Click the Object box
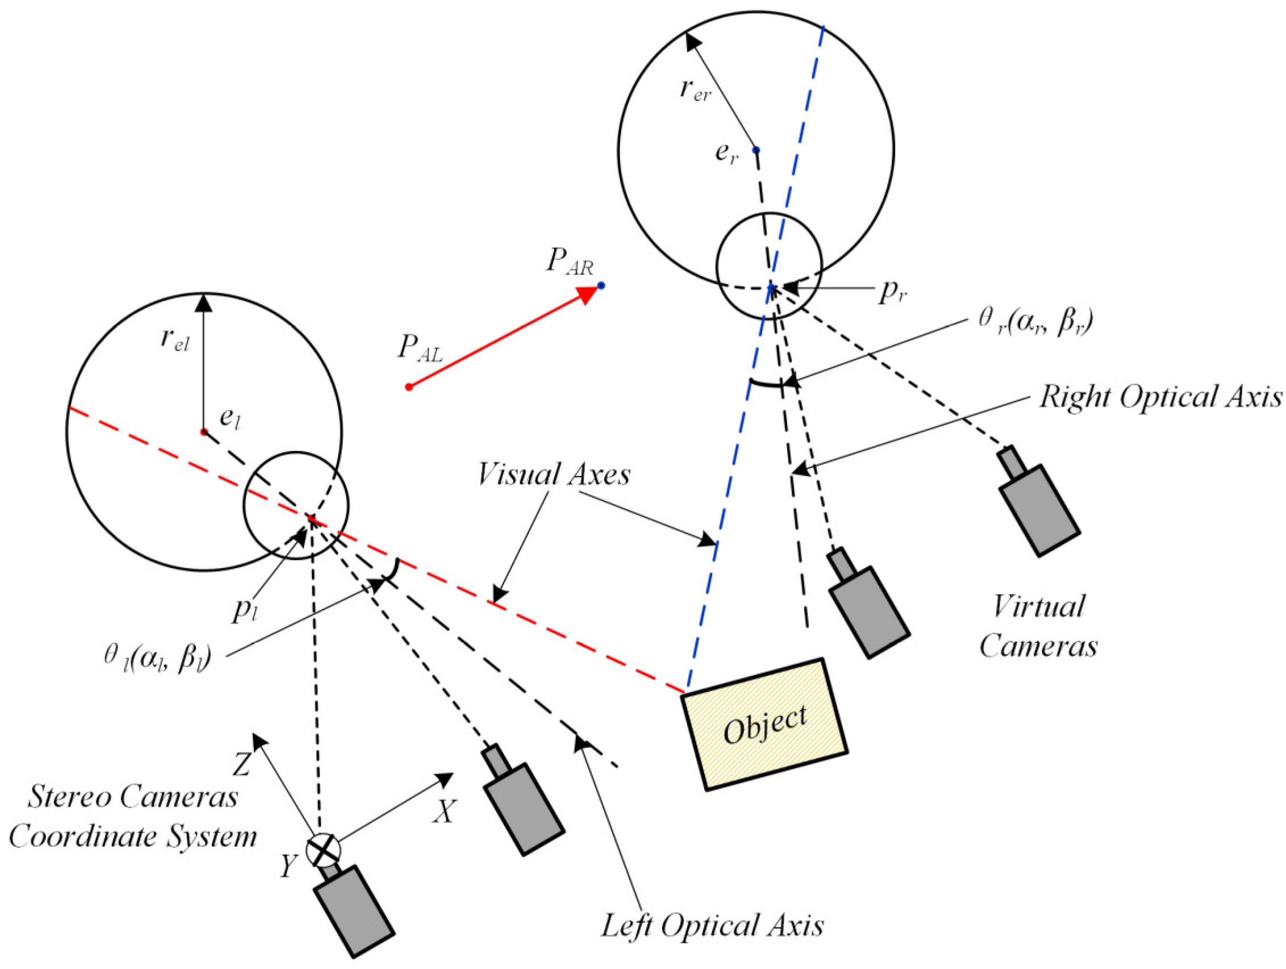coord(764,724)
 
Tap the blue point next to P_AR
coord(601,285)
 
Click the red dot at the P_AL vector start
coord(409,387)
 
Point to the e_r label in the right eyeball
coord(727,154)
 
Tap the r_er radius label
coord(696,92)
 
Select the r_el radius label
coord(175,342)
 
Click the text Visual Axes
coord(553,475)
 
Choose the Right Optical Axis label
coord(1160,398)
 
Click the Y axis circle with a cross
coord(323,850)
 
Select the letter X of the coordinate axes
coord(446,812)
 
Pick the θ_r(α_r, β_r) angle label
coord(1034,322)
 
